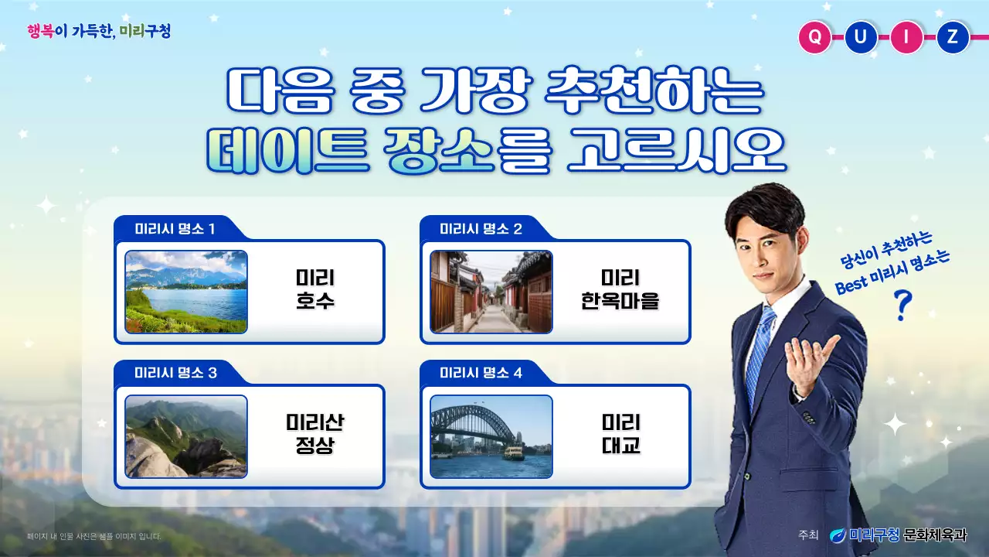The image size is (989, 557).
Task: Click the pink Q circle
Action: [814, 36]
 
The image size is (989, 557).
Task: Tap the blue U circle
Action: [861, 36]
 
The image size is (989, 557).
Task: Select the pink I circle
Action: [907, 36]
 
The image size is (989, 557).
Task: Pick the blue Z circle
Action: [953, 36]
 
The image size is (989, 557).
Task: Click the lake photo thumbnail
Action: [186, 292]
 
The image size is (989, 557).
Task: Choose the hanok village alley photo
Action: [491, 292]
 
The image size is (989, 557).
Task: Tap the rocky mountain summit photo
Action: [186, 436]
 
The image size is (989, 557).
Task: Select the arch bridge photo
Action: [491, 436]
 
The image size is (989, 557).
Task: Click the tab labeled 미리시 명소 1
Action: [175, 229]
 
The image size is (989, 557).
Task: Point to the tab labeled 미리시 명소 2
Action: [481, 229]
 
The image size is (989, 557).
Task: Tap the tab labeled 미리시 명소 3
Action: [175, 374]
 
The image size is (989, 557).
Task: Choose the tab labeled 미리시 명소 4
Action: [481, 374]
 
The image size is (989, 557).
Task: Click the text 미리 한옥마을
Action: [620, 289]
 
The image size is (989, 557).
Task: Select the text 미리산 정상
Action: [315, 435]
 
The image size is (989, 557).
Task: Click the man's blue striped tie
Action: [760, 347]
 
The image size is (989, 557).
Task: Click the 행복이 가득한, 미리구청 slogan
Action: [99, 32]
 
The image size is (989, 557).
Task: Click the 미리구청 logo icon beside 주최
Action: [838, 535]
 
